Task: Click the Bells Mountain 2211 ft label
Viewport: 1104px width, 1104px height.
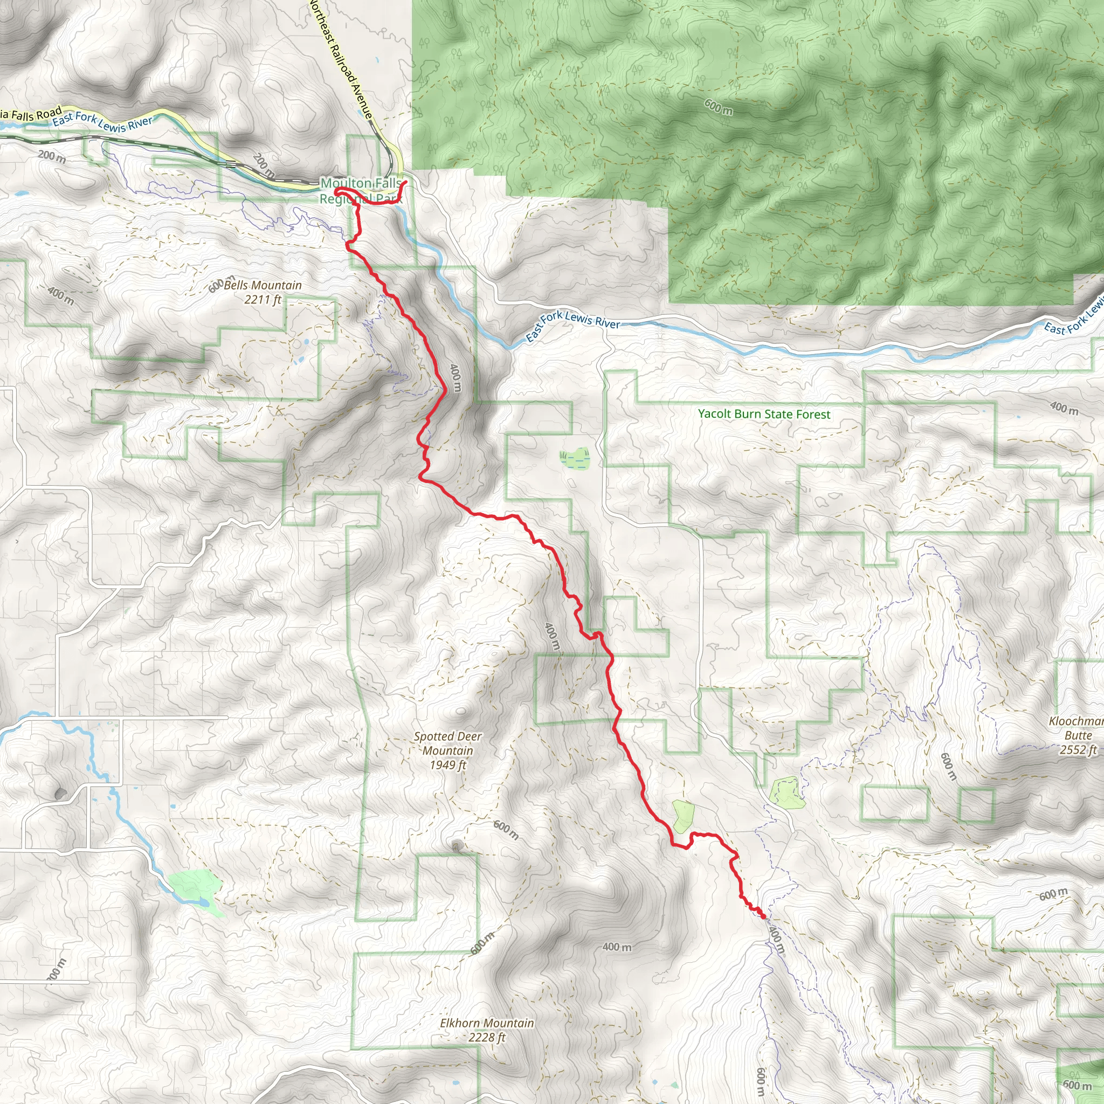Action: click(263, 292)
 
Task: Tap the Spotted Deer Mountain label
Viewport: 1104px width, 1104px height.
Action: click(447, 751)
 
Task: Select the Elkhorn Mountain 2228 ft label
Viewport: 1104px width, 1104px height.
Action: click(487, 1030)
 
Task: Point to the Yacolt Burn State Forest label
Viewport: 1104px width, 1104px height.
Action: click(764, 415)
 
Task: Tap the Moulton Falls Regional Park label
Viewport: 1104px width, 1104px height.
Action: click(361, 191)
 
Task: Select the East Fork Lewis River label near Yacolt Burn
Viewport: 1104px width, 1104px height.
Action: click(572, 325)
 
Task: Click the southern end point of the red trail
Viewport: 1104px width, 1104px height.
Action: click(763, 916)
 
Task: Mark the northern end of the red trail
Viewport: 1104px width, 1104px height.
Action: click(405, 182)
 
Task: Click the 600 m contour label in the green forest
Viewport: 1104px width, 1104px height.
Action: click(718, 107)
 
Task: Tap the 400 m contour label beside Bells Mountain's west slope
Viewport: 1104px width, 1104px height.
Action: click(60, 295)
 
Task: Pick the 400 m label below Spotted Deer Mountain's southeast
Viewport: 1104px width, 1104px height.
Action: click(617, 947)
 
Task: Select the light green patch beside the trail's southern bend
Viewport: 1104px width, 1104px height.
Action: click(682, 816)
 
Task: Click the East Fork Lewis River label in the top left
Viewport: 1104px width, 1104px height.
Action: click(103, 122)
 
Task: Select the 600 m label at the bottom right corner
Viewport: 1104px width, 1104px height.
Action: click(1078, 1085)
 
